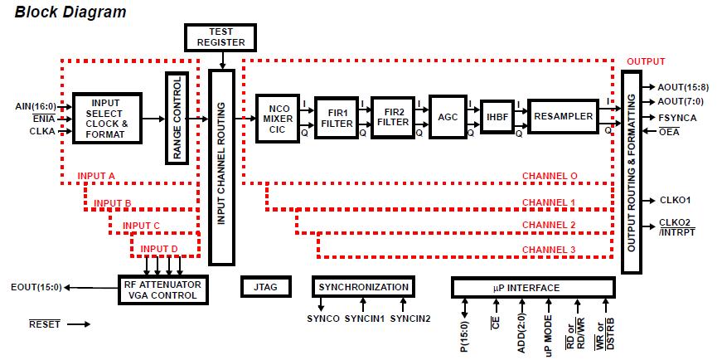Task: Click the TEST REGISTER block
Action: [x=220, y=37]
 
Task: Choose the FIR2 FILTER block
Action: [x=393, y=116]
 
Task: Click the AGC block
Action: [x=448, y=117]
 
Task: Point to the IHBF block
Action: [x=498, y=118]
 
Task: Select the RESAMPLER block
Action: [x=565, y=117]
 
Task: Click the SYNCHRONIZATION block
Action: [x=364, y=287]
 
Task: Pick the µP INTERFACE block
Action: [x=532, y=287]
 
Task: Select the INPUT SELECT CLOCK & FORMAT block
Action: [x=107, y=118]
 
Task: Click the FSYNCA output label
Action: [x=677, y=118]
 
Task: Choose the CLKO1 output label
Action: [x=676, y=200]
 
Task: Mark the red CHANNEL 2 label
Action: [x=549, y=226]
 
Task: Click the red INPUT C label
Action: [x=141, y=226]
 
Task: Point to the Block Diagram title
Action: [x=70, y=12]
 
